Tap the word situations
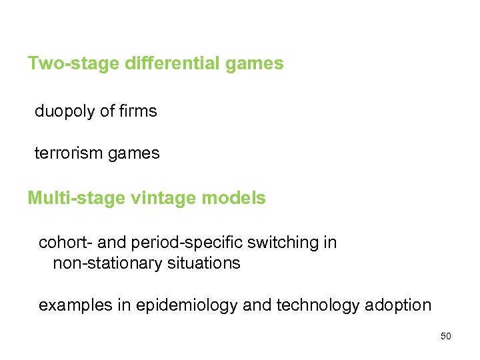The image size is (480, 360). (x=201, y=263)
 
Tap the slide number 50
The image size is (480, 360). (x=446, y=336)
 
